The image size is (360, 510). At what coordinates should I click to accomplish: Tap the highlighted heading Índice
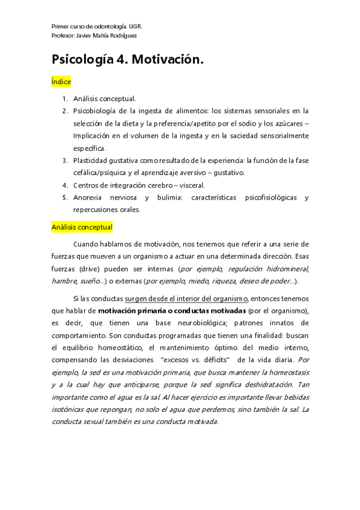click(61, 81)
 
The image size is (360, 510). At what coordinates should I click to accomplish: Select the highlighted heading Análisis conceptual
click(82, 227)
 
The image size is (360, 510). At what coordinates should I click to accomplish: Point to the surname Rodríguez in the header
click(120, 35)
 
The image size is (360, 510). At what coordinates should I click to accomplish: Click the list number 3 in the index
click(64, 161)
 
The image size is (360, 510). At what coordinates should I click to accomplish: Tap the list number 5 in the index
click(64, 197)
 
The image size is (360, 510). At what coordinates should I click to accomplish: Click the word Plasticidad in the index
click(93, 161)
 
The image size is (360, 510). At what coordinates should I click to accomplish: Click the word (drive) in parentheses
click(86, 269)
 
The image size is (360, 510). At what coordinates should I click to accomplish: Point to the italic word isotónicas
click(72, 398)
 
